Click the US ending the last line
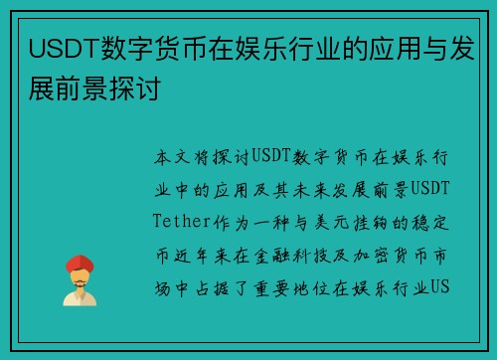click(x=441, y=288)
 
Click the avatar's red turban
click(x=80, y=262)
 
